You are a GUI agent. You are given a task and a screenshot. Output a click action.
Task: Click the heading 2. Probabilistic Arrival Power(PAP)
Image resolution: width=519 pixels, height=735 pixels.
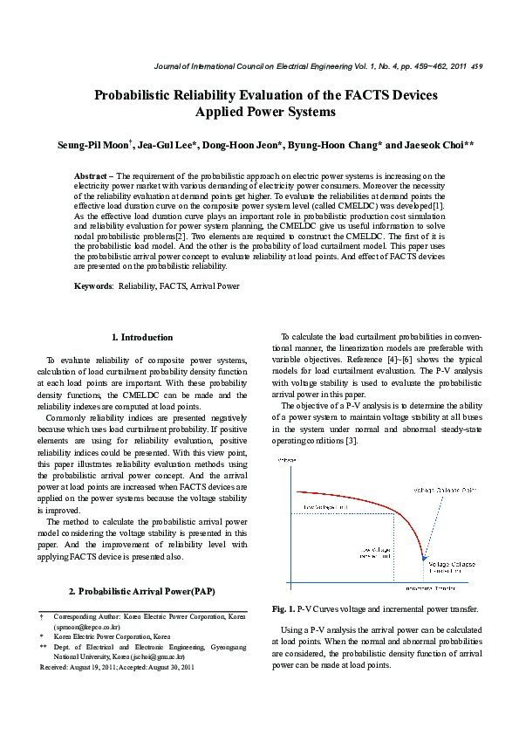coord(143,591)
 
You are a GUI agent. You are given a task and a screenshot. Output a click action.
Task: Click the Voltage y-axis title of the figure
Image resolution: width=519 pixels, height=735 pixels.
coord(286,459)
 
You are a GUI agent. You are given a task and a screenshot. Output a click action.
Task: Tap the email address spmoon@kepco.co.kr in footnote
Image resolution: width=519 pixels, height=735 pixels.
coord(87,627)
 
